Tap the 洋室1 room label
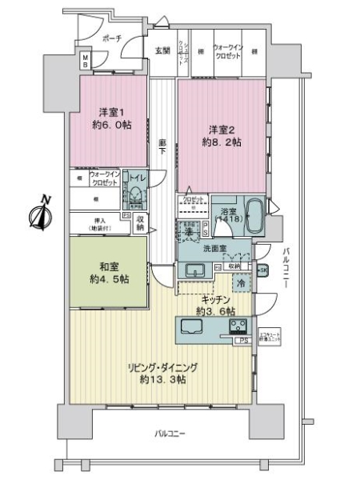(110, 118)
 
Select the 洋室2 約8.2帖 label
(222, 135)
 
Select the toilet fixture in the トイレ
(137, 197)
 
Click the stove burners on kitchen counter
(239, 327)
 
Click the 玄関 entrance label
(162, 51)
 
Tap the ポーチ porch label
(112, 38)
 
